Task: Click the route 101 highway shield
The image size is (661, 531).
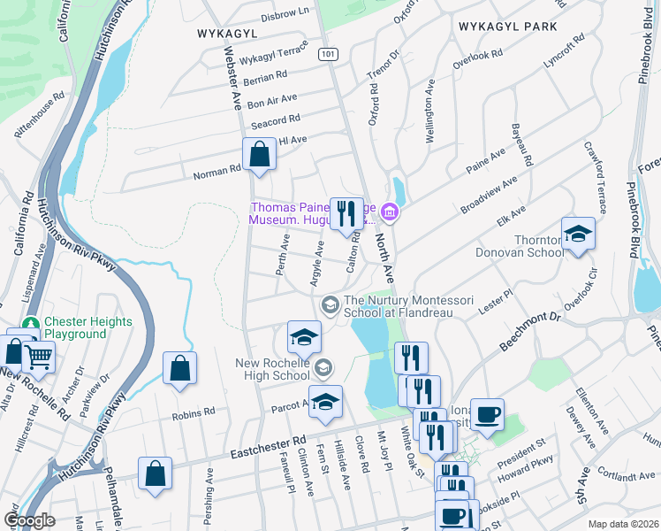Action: click(329, 54)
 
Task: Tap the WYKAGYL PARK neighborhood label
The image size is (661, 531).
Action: click(508, 27)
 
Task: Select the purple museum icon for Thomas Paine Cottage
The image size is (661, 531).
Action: click(390, 213)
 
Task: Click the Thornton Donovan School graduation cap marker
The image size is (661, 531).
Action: click(578, 235)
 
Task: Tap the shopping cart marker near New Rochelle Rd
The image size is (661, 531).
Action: click(38, 358)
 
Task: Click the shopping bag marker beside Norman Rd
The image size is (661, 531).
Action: click(260, 154)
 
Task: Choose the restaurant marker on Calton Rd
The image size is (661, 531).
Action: click(346, 213)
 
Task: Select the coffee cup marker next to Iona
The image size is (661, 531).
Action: click(487, 413)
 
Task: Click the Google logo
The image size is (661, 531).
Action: click(29, 520)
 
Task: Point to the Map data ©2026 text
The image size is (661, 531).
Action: click(623, 524)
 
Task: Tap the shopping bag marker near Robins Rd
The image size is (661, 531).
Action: click(179, 369)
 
